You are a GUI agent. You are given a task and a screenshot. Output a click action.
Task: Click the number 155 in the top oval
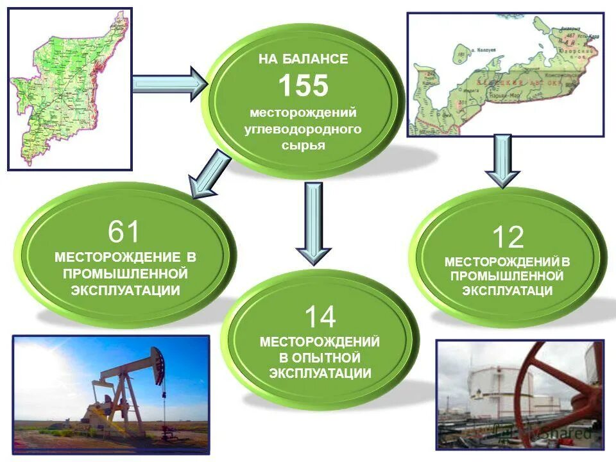(303, 85)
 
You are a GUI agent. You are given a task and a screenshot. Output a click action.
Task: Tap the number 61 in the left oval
(124, 232)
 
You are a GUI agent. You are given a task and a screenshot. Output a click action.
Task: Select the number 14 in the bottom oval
(320, 317)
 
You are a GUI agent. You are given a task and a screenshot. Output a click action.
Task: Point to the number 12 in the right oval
(508, 237)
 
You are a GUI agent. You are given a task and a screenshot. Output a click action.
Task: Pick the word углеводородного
(303, 129)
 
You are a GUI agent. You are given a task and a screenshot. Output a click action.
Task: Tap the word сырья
(303, 145)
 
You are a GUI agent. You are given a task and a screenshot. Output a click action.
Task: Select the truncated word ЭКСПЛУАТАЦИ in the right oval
(507, 291)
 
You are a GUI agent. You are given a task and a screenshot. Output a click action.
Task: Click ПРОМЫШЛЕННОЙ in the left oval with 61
(125, 273)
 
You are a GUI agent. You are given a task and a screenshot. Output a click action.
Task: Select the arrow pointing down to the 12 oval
(502, 160)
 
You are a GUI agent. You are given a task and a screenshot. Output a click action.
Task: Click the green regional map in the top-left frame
(71, 90)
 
